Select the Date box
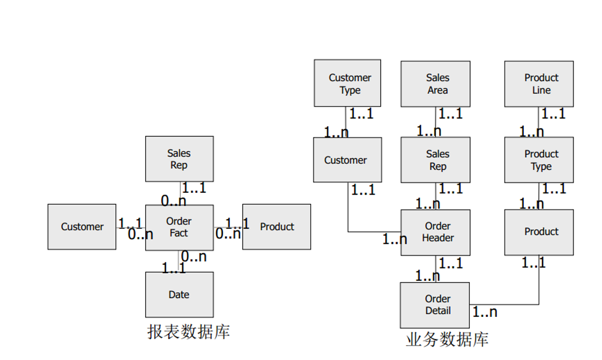coord(179,294)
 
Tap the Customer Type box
coord(347,84)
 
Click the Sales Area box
coord(435,84)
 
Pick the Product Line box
coord(539,84)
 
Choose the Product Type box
coord(539,160)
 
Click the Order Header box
coord(435,232)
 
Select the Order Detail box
coord(435,305)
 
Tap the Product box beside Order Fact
coord(276,227)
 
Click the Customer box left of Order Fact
coord(82,227)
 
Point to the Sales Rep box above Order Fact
coord(179,159)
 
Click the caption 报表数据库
coord(188,332)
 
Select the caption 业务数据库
coord(447,339)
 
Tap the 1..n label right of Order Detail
coord(485,312)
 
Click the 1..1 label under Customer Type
coord(362,114)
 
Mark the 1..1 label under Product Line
coord(553,114)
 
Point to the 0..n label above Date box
coord(193,256)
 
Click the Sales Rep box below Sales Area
coord(435,160)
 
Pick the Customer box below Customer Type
coord(347,160)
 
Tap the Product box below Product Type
coord(539,232)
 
